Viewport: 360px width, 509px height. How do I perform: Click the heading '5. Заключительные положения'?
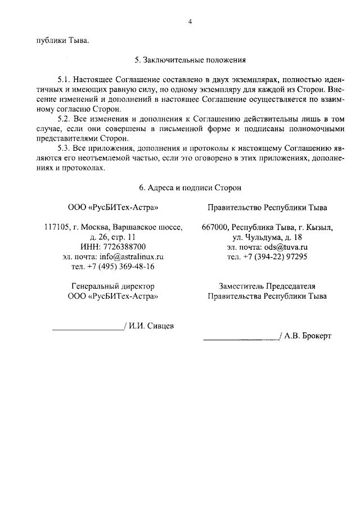tap(191, 59)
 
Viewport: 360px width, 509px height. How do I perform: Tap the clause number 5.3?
tap(66, 149)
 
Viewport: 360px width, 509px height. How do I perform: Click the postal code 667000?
tap(214, 227)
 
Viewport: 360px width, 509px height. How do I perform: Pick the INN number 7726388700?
tap(123, 247)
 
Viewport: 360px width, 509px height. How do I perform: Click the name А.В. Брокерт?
tap(308, 336)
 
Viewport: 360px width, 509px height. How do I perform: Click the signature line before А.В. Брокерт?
tap(241, 339)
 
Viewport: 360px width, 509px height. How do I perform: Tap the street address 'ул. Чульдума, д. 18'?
tap(267, 237)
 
